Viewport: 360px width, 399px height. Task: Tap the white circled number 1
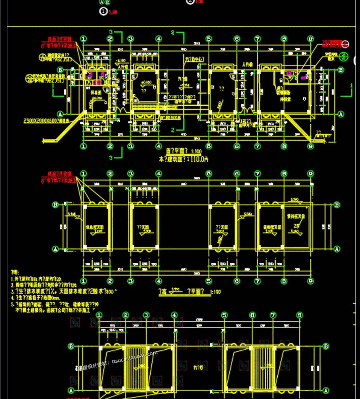[x=104, y=12]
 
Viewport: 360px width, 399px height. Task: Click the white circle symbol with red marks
[x=346, y=44]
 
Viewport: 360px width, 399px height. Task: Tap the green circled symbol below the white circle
[x=343, y=56]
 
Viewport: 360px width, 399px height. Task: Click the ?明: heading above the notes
[x=15, y=272]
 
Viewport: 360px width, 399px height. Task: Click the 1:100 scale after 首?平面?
[x=195, y=151]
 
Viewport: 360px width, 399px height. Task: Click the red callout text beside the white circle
[x=331, y=44]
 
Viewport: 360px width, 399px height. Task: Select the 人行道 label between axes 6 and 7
[x=247, y=64]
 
